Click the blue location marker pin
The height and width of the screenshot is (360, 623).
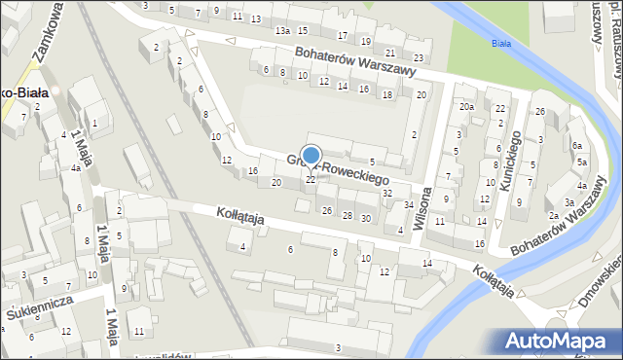[x=311, y=156]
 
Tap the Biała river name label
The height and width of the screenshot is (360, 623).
[x=502, y=44]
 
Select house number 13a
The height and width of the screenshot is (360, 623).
[x=282, y=31]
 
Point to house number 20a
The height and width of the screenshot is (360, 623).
[x=467, y=107]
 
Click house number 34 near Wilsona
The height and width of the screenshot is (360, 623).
[x=409, y=204]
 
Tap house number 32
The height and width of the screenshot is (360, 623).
[x=387, y=193]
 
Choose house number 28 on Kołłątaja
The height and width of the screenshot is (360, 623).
[x=348, y=214]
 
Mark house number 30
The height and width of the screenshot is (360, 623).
[x=365, y=218]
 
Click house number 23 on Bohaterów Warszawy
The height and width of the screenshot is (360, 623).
[x=418, y=59]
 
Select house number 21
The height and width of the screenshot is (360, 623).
[x=390, y=52]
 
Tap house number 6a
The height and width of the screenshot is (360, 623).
[x=577, y=146]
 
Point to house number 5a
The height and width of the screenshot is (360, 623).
[x=581, y=162]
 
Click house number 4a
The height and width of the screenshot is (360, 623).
[x=75, y=167]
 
